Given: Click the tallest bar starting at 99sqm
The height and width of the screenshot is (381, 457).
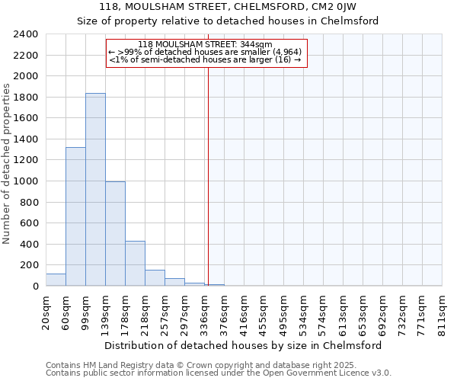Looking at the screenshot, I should click(95, 190).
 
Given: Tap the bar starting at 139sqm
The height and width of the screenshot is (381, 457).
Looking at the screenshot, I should click(115, 234).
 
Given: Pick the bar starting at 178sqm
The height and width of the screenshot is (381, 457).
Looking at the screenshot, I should click(135, 264).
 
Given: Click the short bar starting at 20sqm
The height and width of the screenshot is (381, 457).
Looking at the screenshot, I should click(56, 280).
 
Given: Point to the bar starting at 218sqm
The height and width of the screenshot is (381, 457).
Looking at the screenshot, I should click(155, 278).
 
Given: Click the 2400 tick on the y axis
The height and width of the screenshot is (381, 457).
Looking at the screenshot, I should click(26, 35).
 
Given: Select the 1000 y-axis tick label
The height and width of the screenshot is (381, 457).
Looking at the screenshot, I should click(26, 182).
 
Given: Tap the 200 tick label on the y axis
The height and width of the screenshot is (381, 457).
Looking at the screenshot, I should click(29, 266).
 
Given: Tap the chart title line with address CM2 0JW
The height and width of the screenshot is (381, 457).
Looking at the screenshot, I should click(228, 8).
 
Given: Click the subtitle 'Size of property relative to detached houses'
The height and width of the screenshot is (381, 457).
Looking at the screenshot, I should click(228, 21).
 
